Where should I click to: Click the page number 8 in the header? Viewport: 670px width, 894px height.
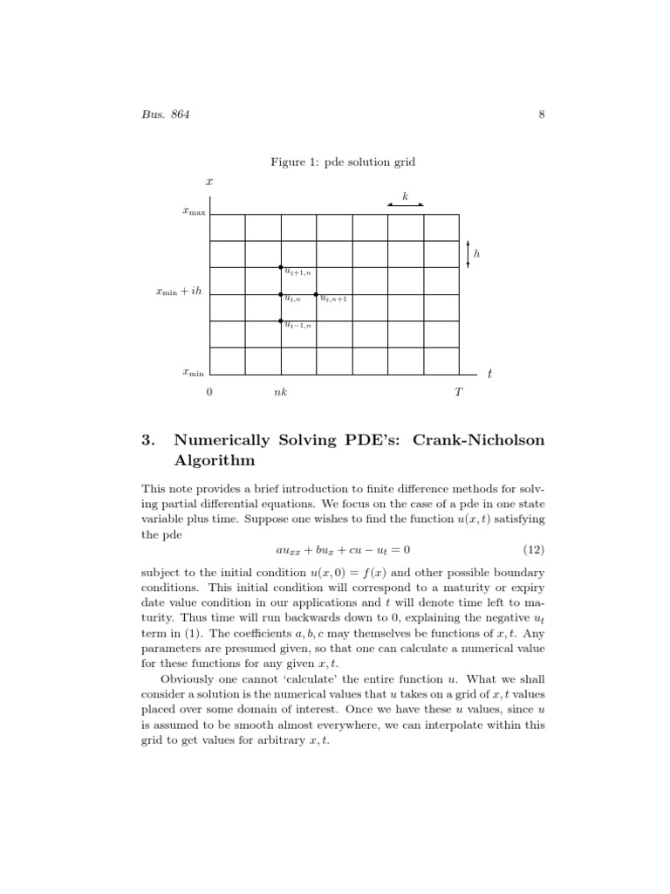[x=542, y=114]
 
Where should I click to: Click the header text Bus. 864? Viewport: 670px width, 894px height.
[x=166, y=114]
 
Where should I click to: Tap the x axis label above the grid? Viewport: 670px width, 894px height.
[x=209, y=182]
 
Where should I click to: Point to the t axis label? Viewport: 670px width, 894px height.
[x=489, y=374]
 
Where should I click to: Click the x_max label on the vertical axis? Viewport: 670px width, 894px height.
[x=194, y=211]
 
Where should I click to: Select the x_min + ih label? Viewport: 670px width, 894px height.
[x=178, y=292]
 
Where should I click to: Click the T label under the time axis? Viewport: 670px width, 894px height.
[x=458, y=393]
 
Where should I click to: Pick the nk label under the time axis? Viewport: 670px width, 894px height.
[x=280, y=393]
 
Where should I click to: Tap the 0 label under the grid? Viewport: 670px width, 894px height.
[x=209, y=393]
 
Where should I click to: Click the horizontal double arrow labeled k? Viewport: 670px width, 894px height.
[x=406, y=204]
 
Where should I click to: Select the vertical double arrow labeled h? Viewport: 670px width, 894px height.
[x=468, y=254]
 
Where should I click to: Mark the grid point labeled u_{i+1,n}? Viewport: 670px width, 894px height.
[x=281, y=267]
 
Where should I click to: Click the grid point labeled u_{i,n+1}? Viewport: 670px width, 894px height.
[x=317, y=294]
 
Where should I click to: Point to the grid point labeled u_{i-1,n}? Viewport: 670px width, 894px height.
[x=281, y=321]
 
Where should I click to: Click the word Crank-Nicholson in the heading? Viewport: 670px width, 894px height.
[x=481, y=440]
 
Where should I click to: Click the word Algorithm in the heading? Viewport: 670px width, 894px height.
[x=215, y=459]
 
